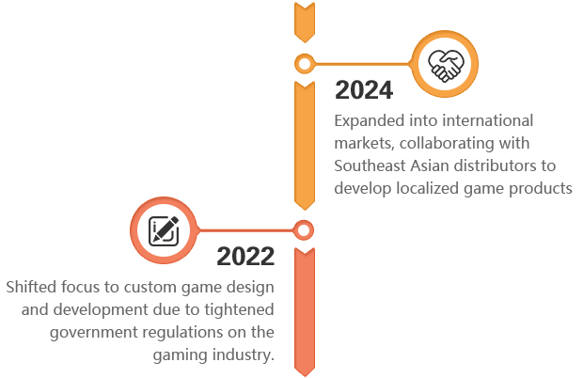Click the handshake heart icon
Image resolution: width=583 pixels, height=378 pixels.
tap(447, 65)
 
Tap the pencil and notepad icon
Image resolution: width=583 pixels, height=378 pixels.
tap(164, 230)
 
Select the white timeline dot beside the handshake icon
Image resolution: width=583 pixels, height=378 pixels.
tap(304, 65)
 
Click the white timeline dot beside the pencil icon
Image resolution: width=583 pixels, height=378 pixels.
tap(303, 230)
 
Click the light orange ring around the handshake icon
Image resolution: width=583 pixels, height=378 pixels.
tap(447, 38)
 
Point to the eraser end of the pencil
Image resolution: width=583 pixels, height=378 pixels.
tap(174, 220)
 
